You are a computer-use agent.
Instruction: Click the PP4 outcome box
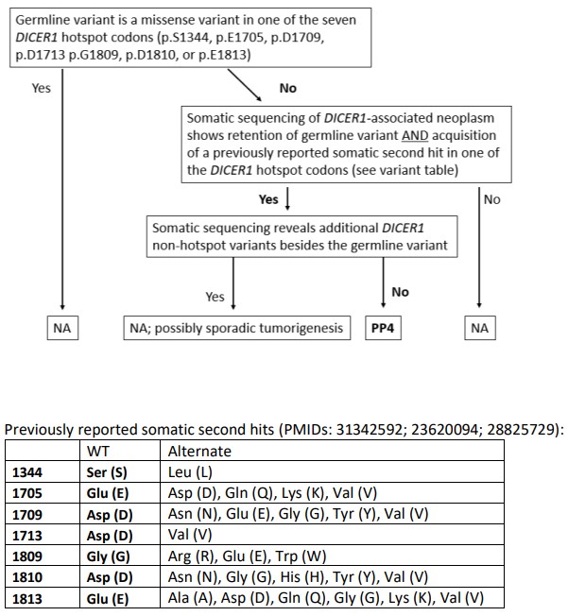pos(383,328)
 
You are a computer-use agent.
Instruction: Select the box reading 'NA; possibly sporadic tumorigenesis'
pos(236,328)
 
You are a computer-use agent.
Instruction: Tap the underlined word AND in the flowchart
pos(415,135)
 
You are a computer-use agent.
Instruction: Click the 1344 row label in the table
pos(27,472)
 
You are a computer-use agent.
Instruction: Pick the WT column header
pos(98,451)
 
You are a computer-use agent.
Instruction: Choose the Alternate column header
pos(199,451)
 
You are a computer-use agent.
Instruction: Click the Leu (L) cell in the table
pos(190,472)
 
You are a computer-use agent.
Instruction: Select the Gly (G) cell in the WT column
pos(108,556)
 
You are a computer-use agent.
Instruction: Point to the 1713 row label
pos(27,536)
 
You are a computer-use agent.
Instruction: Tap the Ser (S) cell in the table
pos(107,472)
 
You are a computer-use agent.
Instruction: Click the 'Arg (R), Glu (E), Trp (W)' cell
pos(248,556)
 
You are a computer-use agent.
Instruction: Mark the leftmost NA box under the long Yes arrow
pos(62,328)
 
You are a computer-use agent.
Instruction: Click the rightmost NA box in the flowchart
pos(480,328)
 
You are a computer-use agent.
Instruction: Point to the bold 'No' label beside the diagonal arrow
pos(288,88)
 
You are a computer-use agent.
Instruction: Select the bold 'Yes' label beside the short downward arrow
pos(268,199)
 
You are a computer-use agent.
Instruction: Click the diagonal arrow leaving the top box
pos(245,85)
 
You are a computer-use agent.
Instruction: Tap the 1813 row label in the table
pos(27,598)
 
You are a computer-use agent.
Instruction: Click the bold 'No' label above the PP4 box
pos(400,292)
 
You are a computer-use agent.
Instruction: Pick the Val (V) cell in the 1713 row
pos(190,536)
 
